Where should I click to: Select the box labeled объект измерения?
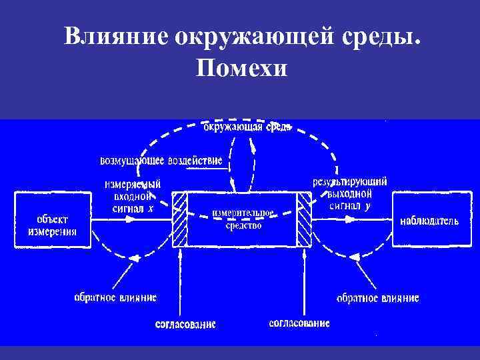coord(52,220)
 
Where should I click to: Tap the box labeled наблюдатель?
coord(429,220)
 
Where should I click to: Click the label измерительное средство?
coord(243,219)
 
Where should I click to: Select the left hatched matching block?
coord(179,220)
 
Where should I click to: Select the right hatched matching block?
coord(304,220)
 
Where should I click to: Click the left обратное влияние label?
coord(115,297)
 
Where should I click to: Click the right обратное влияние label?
coord(378,298)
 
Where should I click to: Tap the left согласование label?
coord(185,325)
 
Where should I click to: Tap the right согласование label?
coord(299,323)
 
